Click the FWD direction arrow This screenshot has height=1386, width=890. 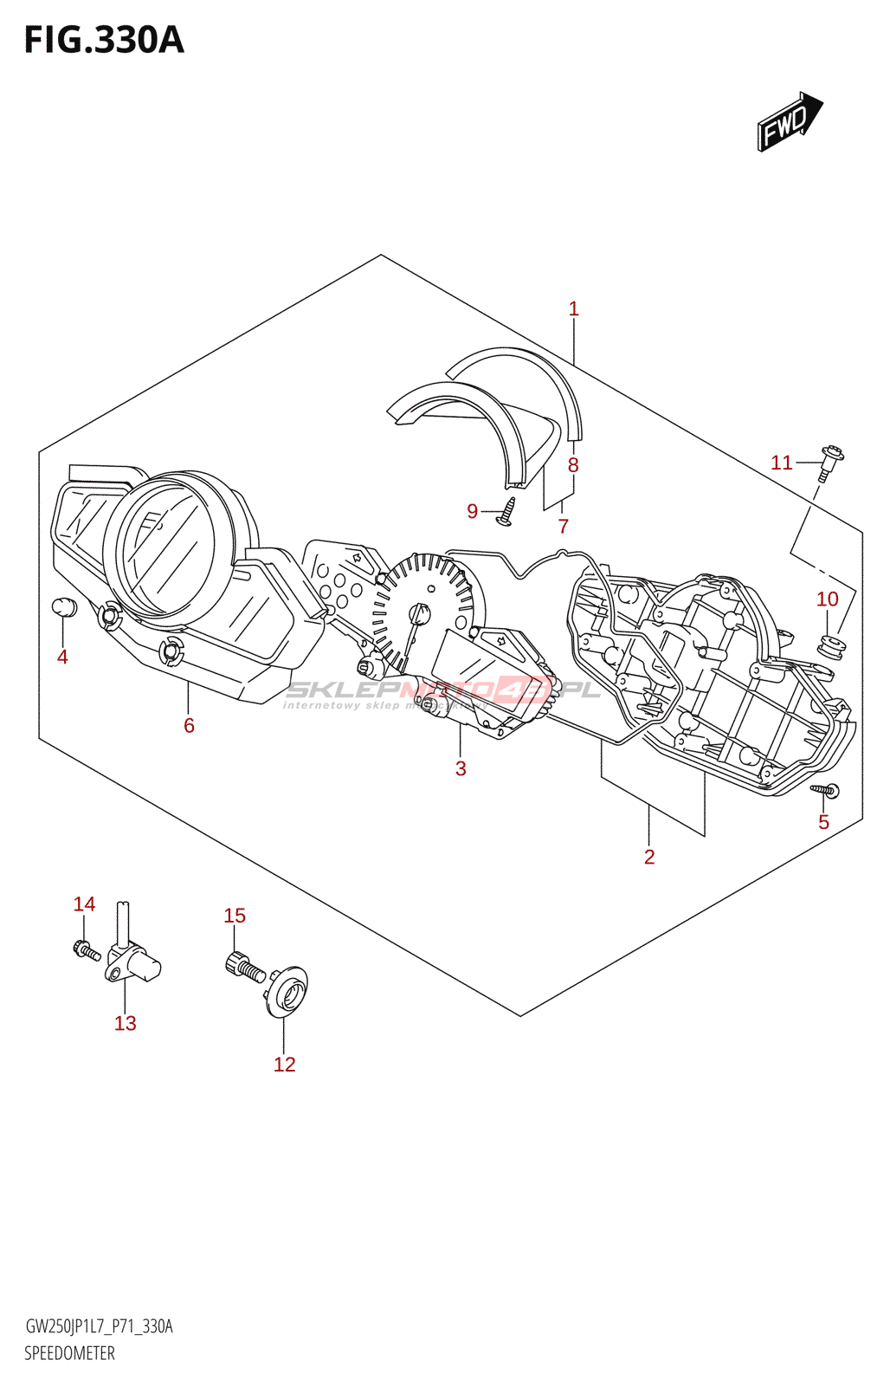coord(790,122)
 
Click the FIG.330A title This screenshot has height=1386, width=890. coord(104,40)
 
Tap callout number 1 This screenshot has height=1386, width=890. coord(573,308)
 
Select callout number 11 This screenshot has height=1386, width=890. coord(781,463)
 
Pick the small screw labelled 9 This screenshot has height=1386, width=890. coord(507,511)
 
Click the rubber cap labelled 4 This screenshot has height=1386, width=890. coord(65,607)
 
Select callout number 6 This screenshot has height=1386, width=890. coord(189,726)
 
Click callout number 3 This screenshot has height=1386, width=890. coord(461,768)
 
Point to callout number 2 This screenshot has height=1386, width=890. coord(649,857)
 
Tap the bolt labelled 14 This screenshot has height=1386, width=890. coord(87,950)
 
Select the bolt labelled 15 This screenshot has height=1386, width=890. coord(244,967)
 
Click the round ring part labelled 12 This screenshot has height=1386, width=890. coord(287,989)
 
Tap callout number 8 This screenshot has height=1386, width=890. coord(573,465)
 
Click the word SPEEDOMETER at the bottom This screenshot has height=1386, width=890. coord(69,1353)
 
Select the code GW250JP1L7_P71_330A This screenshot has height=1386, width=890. coord(99,1326)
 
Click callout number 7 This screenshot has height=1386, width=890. coord(564,526)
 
